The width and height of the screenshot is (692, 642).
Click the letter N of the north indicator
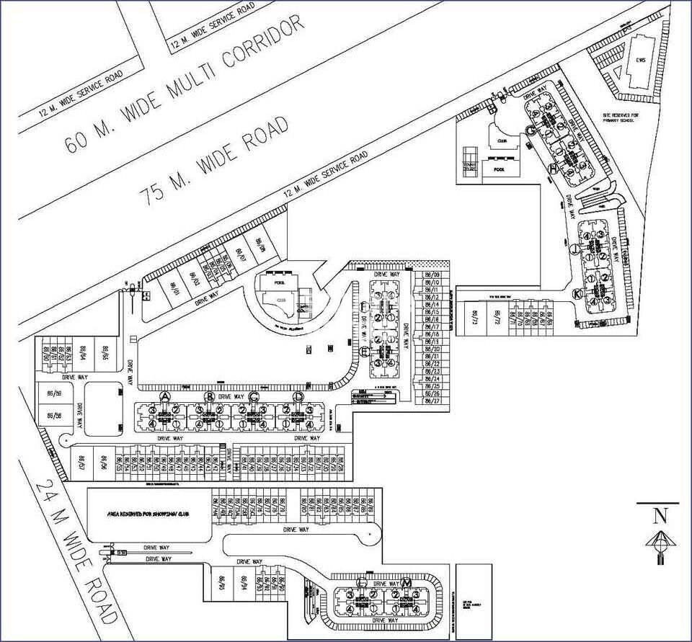coord(658,514)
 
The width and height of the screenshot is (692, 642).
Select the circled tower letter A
coord(165,397)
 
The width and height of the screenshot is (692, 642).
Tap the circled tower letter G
coord(530,130)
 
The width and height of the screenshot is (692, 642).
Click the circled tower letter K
coord(577,294)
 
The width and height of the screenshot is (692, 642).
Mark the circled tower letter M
coord(407,582)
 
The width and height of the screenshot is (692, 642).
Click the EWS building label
coord(639,61)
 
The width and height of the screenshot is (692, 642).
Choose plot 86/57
coord(82,461)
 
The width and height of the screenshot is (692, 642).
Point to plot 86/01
coord(174,287)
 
